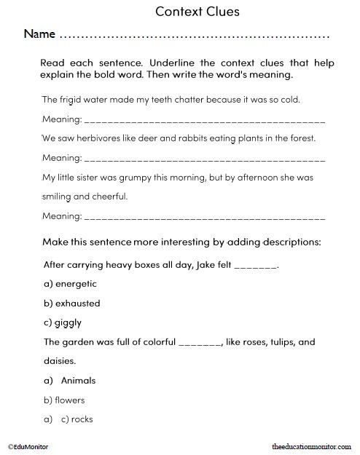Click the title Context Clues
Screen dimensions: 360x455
[197, 12]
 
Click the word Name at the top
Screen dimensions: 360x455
[39, 34]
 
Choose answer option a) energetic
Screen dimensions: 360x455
[70, 284]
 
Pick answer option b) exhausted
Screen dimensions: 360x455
[72, 303]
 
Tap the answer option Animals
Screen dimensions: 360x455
[79, 380]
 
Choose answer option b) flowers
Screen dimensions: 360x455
[64, 400]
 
